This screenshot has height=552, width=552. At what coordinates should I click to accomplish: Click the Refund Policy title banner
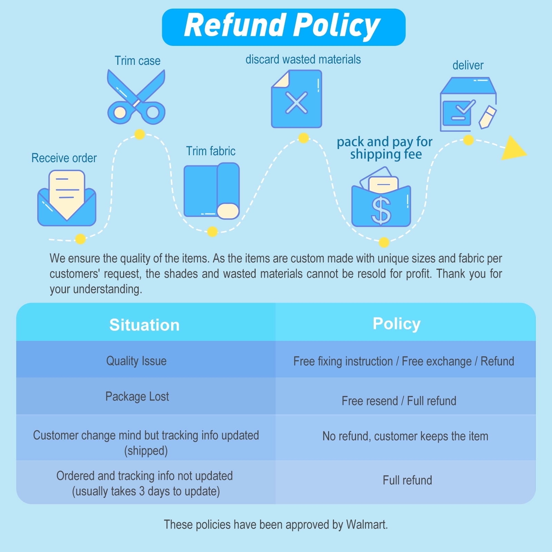[x=284, y=27]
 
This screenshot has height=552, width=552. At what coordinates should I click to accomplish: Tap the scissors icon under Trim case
[x=136, y=97]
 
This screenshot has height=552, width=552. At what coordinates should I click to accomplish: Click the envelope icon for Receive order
[x=67, y=198]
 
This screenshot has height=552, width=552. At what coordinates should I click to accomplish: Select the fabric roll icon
[x=211, y=191]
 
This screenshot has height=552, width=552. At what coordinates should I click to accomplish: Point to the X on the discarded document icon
[x=296, y=102]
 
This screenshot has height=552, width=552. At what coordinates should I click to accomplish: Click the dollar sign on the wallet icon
[x=381, y=210]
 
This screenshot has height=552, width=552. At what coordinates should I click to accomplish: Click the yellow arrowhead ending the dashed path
[x=513, y=148]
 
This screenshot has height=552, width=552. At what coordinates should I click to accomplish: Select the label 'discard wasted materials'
[x=303, y=59]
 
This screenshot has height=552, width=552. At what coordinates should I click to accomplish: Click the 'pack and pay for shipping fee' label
[x=385, y=148]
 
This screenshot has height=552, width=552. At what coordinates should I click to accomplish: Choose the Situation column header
[x=145, y=325]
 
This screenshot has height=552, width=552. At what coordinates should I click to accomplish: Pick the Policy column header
[x=396, y=324]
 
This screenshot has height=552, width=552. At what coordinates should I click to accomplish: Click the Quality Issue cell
[x=136, y=361]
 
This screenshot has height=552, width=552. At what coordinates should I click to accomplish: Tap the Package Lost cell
[x=137, y=396]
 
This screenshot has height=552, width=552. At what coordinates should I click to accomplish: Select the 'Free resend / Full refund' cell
[x=399, y=401]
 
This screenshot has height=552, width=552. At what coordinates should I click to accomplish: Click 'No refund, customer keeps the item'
[x=405, y=436]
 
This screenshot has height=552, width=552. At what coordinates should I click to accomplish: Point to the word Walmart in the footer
[x=367, y=524]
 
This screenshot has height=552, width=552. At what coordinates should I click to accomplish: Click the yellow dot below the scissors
[x=139, y=134]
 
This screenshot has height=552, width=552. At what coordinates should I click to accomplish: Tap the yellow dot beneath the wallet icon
[x=384, y=242]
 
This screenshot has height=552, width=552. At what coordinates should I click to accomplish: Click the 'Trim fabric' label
[x=211, y=151]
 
